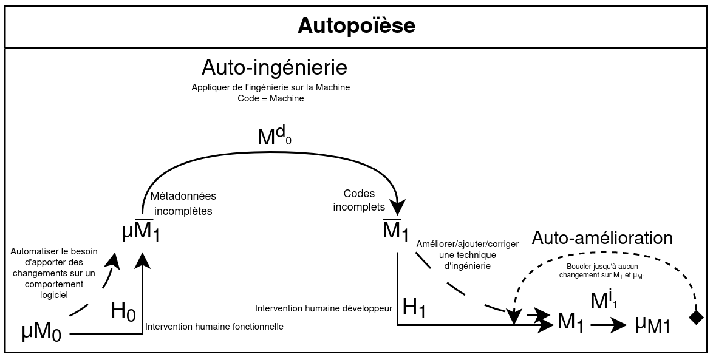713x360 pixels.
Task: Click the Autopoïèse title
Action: click(356, 26)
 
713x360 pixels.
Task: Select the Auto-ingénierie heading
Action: click(274, 66)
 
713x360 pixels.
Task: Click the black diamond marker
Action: click(696, 317)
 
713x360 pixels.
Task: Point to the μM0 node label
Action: click(42, 332)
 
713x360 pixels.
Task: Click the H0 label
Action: click(123, 311)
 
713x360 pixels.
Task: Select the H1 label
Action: click(414, 308)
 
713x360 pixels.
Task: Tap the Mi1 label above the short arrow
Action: click(604, 300)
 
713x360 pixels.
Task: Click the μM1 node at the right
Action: click(652, 325)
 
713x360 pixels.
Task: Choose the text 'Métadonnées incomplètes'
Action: click(183, 204)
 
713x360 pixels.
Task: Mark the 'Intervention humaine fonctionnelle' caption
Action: click(214, 327)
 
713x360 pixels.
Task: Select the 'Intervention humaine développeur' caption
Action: click(324, 308)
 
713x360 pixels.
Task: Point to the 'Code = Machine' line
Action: click(271, 98)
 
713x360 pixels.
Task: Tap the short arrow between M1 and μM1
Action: click(608, 325)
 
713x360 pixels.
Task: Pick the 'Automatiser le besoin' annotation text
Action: click(53, 273)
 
